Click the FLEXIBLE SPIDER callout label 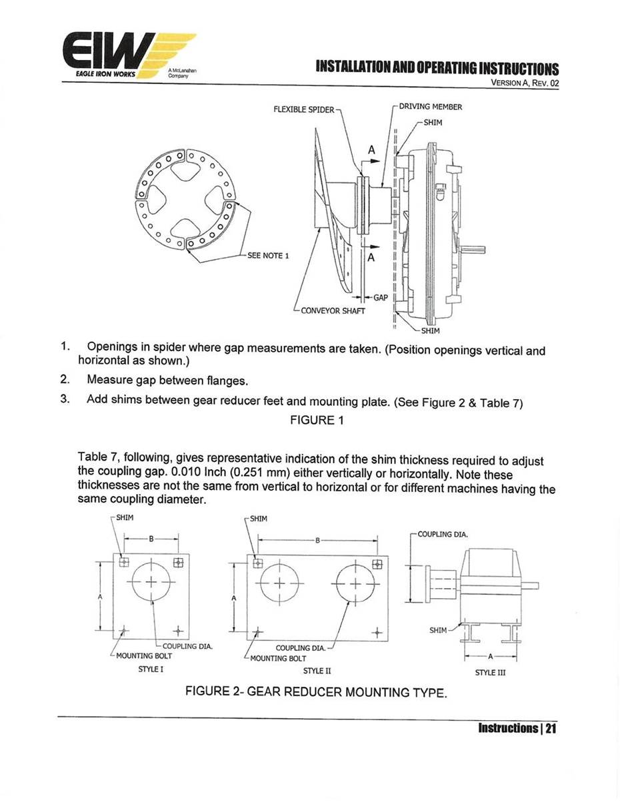click(303, 109)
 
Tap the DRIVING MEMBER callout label click(431, 106)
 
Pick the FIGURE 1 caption click(312, 420)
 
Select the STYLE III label click(490, 673)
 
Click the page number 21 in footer click(550, 728)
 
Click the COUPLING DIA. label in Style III click(443, 534)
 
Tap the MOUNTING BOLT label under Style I click(144, 656)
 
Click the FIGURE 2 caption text click(315, 692)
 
